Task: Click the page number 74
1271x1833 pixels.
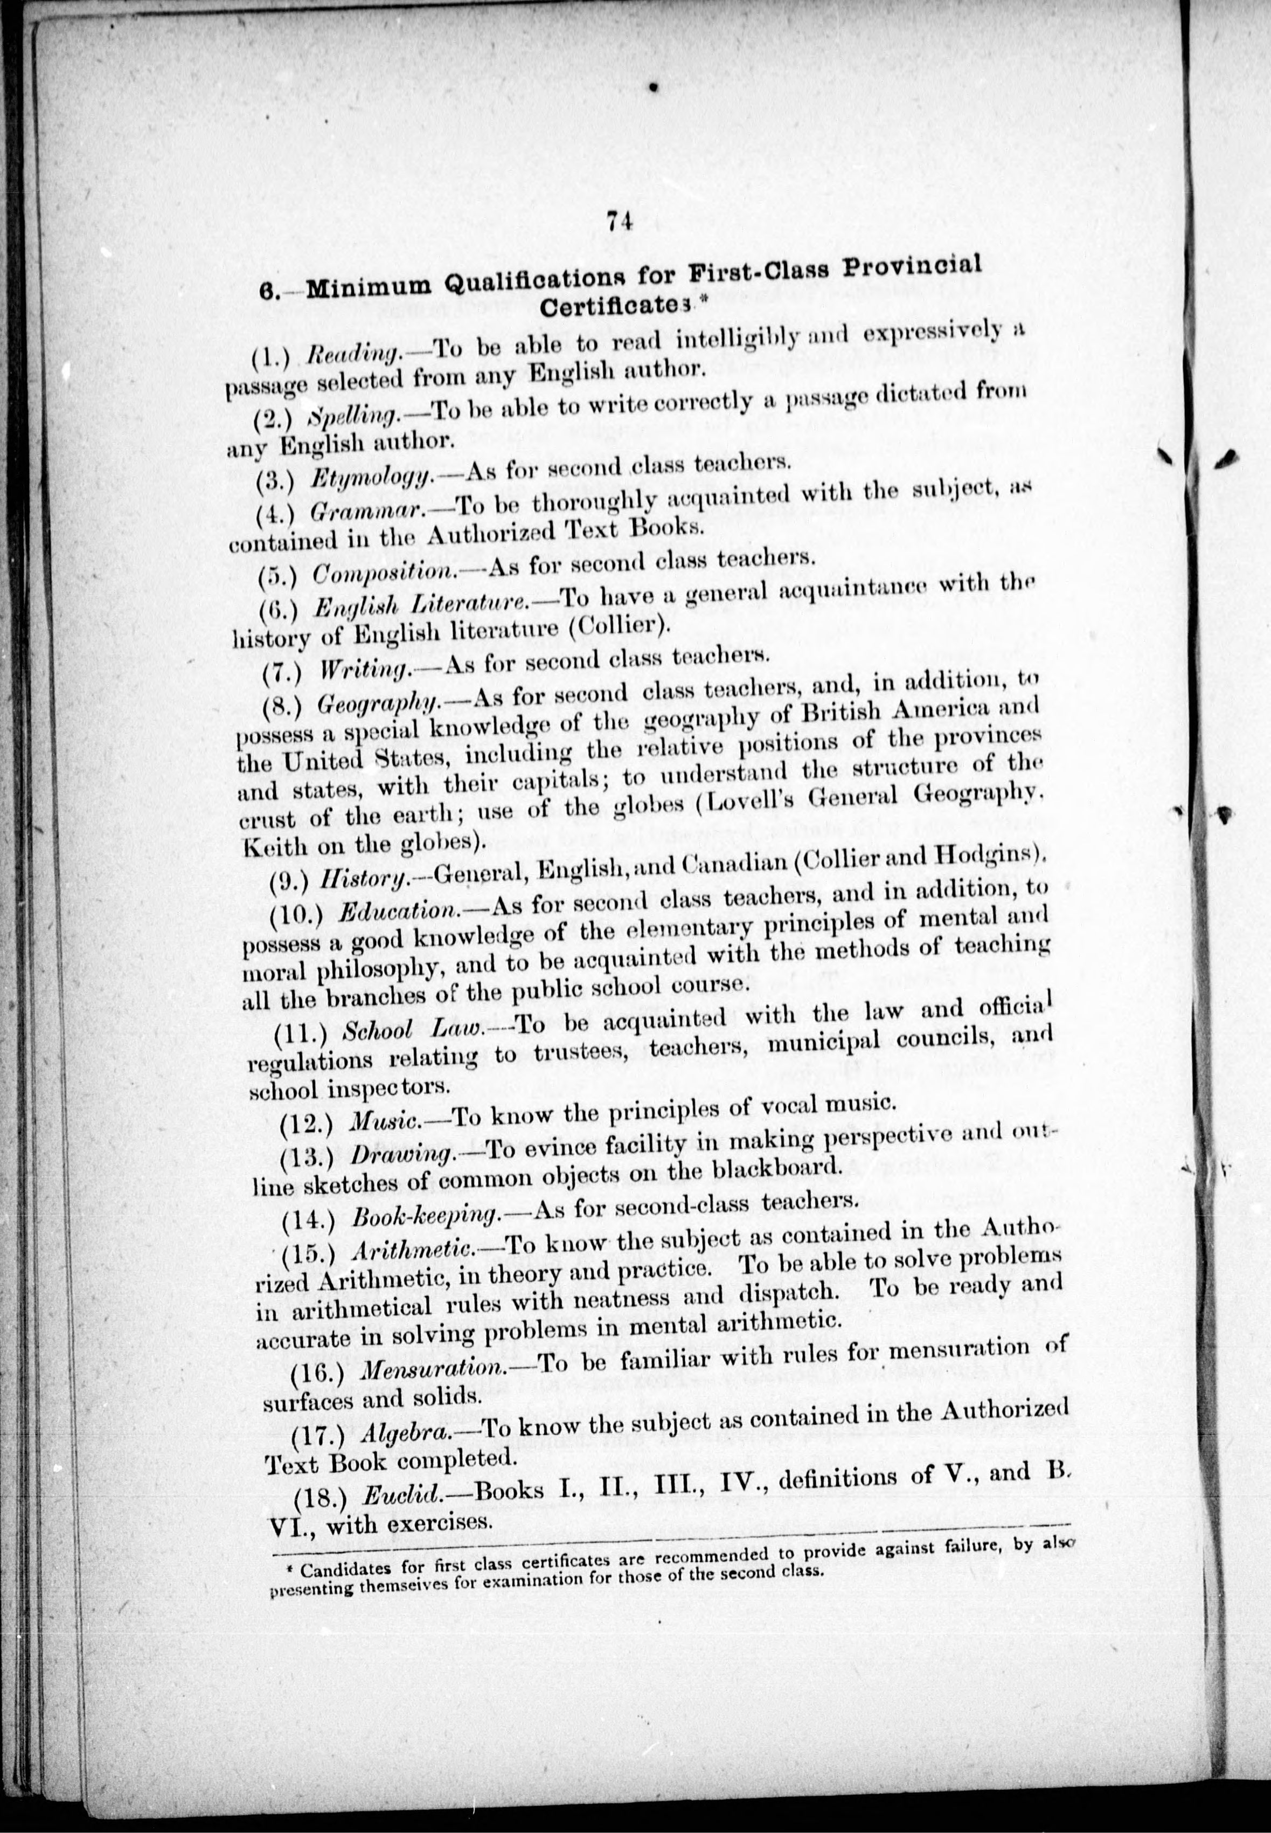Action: point(619,220)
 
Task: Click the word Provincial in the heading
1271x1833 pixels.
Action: point(912,267)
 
